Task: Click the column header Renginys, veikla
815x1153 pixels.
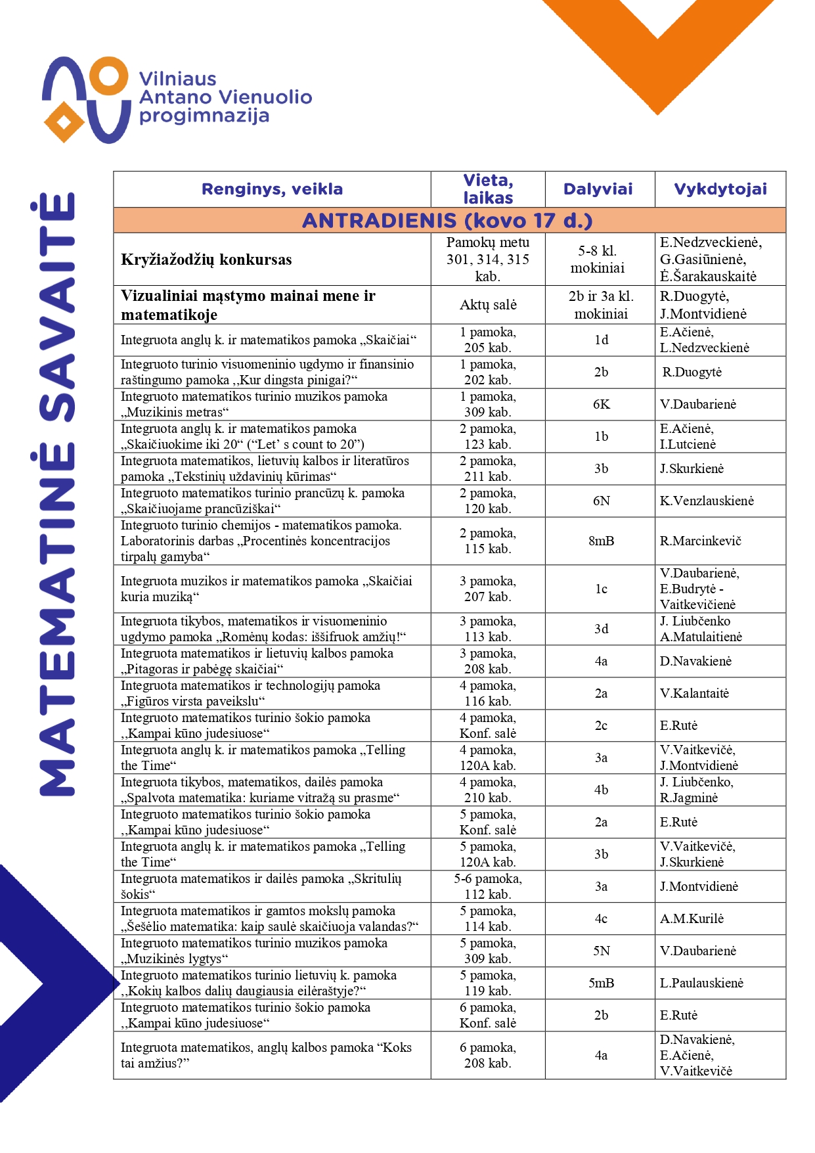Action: point(272,189)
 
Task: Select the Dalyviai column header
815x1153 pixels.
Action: point(598,189)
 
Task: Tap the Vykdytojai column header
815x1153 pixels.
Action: point(720,189)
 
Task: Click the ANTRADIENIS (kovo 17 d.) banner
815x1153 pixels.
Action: point(447,220)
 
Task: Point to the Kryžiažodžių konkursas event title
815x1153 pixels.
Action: point(206,260)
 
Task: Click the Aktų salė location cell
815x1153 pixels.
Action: point(487,305)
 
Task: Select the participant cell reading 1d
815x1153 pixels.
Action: point(601,340)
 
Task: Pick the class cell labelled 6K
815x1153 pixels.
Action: point(601,404)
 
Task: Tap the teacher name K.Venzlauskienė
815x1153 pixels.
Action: point(707,501)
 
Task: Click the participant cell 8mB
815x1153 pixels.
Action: point(601,541)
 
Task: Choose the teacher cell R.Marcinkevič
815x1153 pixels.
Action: point(700,541)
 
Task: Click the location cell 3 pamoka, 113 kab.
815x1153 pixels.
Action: point(487,629)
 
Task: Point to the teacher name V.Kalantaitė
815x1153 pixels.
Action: point(694,693)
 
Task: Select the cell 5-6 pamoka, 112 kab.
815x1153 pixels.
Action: point(487,886)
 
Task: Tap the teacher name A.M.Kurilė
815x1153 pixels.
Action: point(692,918)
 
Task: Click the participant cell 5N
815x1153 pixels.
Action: point(601,951)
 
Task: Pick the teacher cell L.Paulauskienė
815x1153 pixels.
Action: point(701,983)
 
